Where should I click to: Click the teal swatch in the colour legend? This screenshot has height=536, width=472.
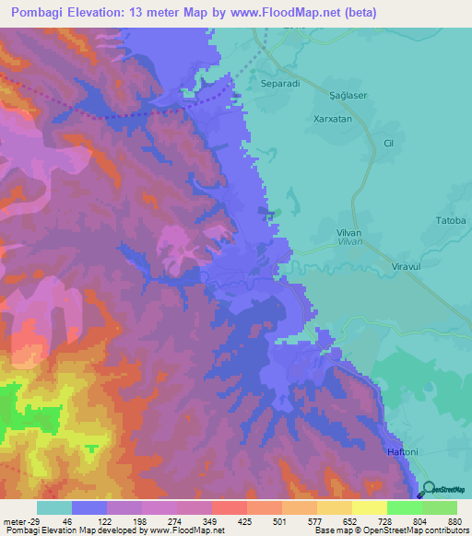click(54, 507)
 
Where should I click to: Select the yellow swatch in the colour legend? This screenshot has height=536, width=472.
click(370, 507)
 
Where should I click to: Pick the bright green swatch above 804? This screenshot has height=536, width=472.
click(405, 507)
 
